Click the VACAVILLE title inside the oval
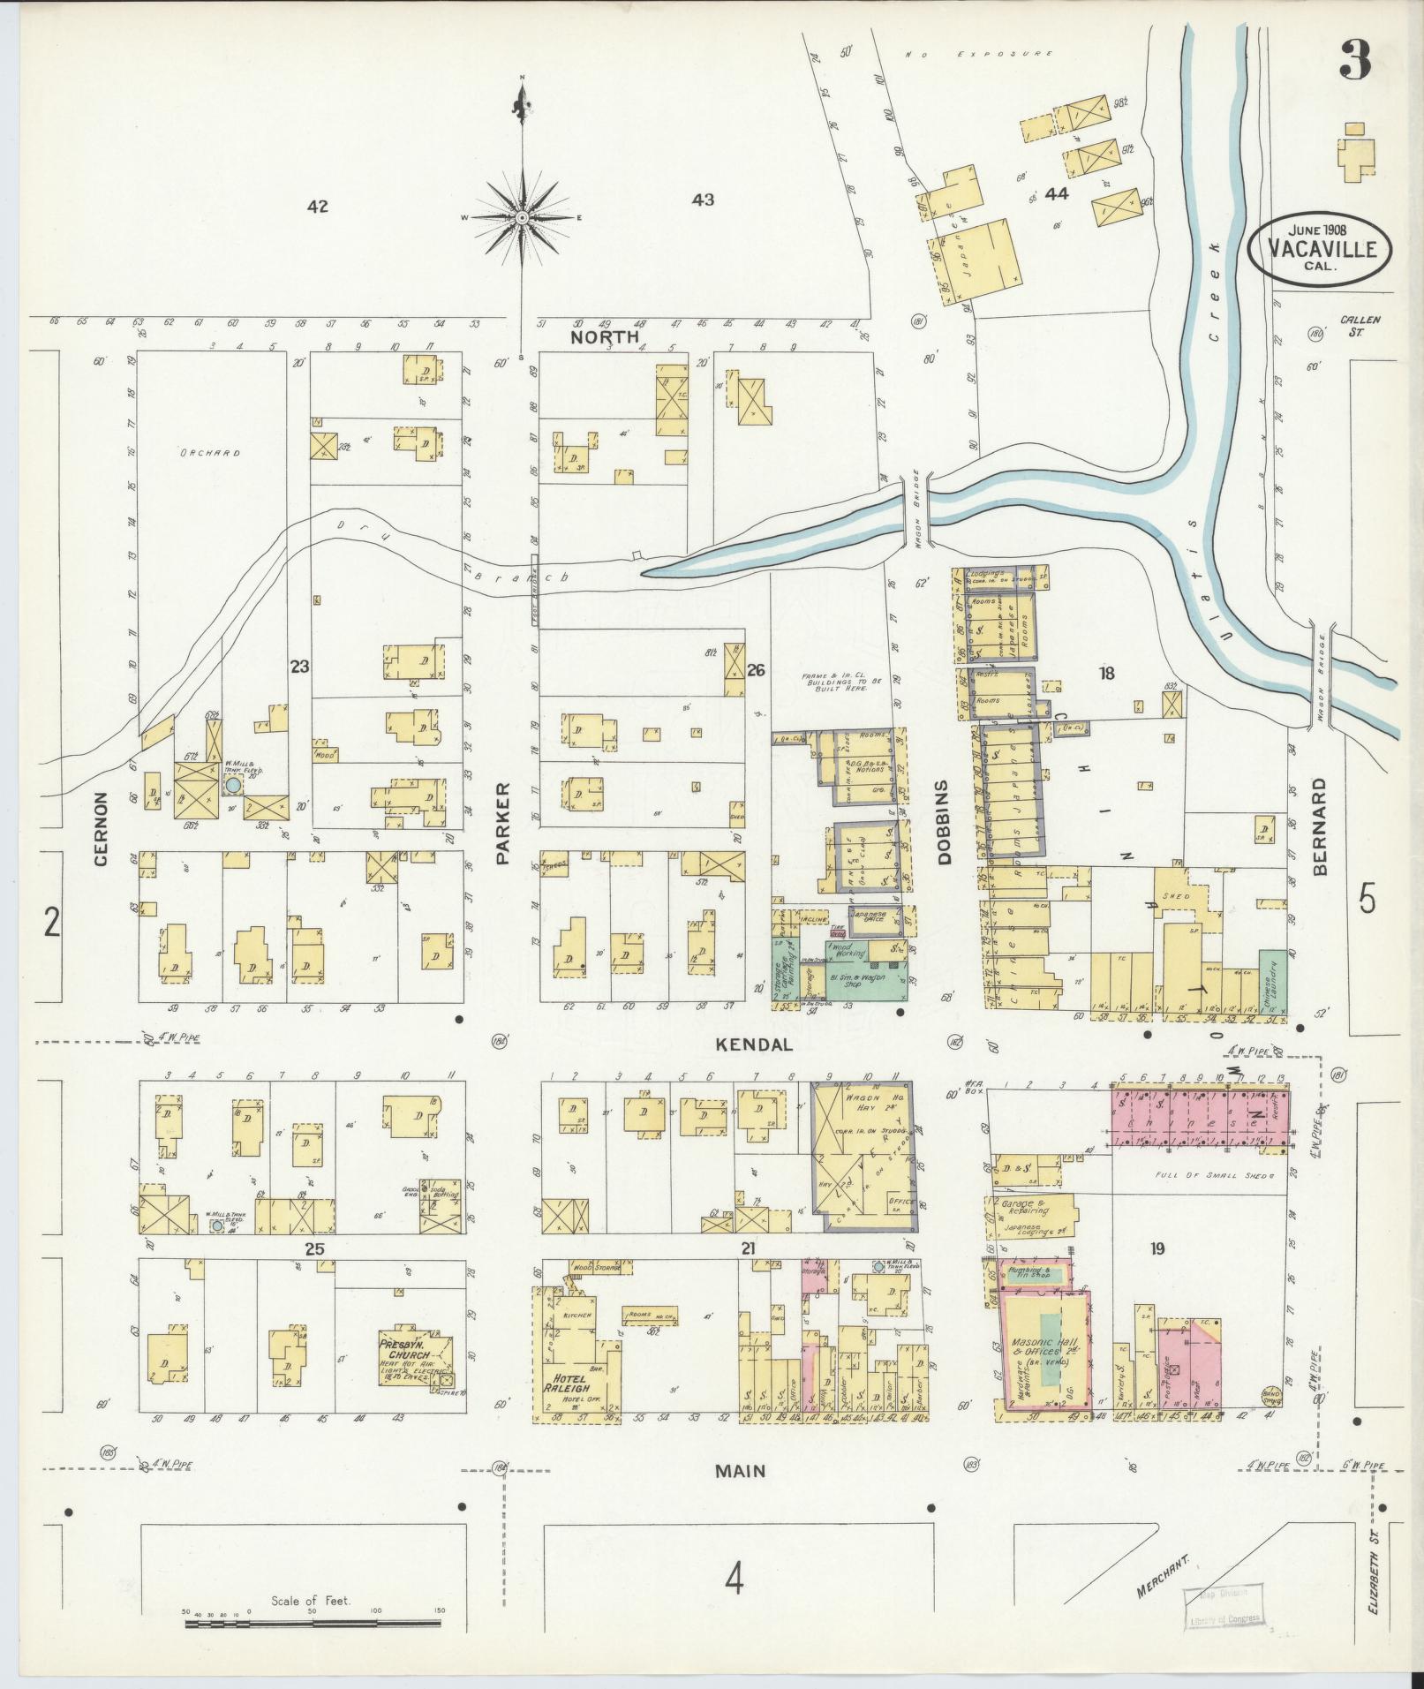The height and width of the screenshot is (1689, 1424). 1320,248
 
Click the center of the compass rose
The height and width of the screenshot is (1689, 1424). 522,217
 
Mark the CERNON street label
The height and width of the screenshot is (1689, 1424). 100,828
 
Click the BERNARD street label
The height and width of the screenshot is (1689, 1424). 1319,826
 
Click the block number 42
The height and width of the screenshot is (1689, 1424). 318,207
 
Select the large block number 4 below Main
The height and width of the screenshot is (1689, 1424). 734,1578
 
